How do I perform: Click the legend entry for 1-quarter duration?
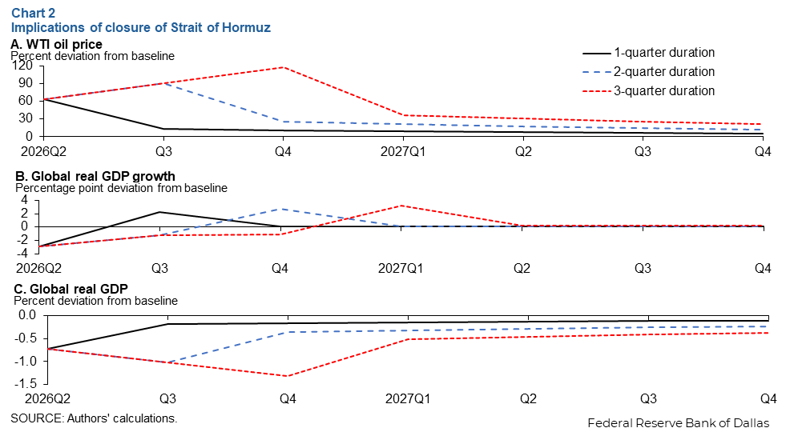(664, 53)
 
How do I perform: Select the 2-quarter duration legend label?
(664, 71)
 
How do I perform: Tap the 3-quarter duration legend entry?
(664, 90)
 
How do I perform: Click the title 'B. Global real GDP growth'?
(93, 176)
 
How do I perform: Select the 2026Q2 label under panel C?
(34, 398)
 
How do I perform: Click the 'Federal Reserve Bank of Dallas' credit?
(679, 422)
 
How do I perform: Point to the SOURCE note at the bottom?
(94, 418)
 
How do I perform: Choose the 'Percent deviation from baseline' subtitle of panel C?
(96, 301)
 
